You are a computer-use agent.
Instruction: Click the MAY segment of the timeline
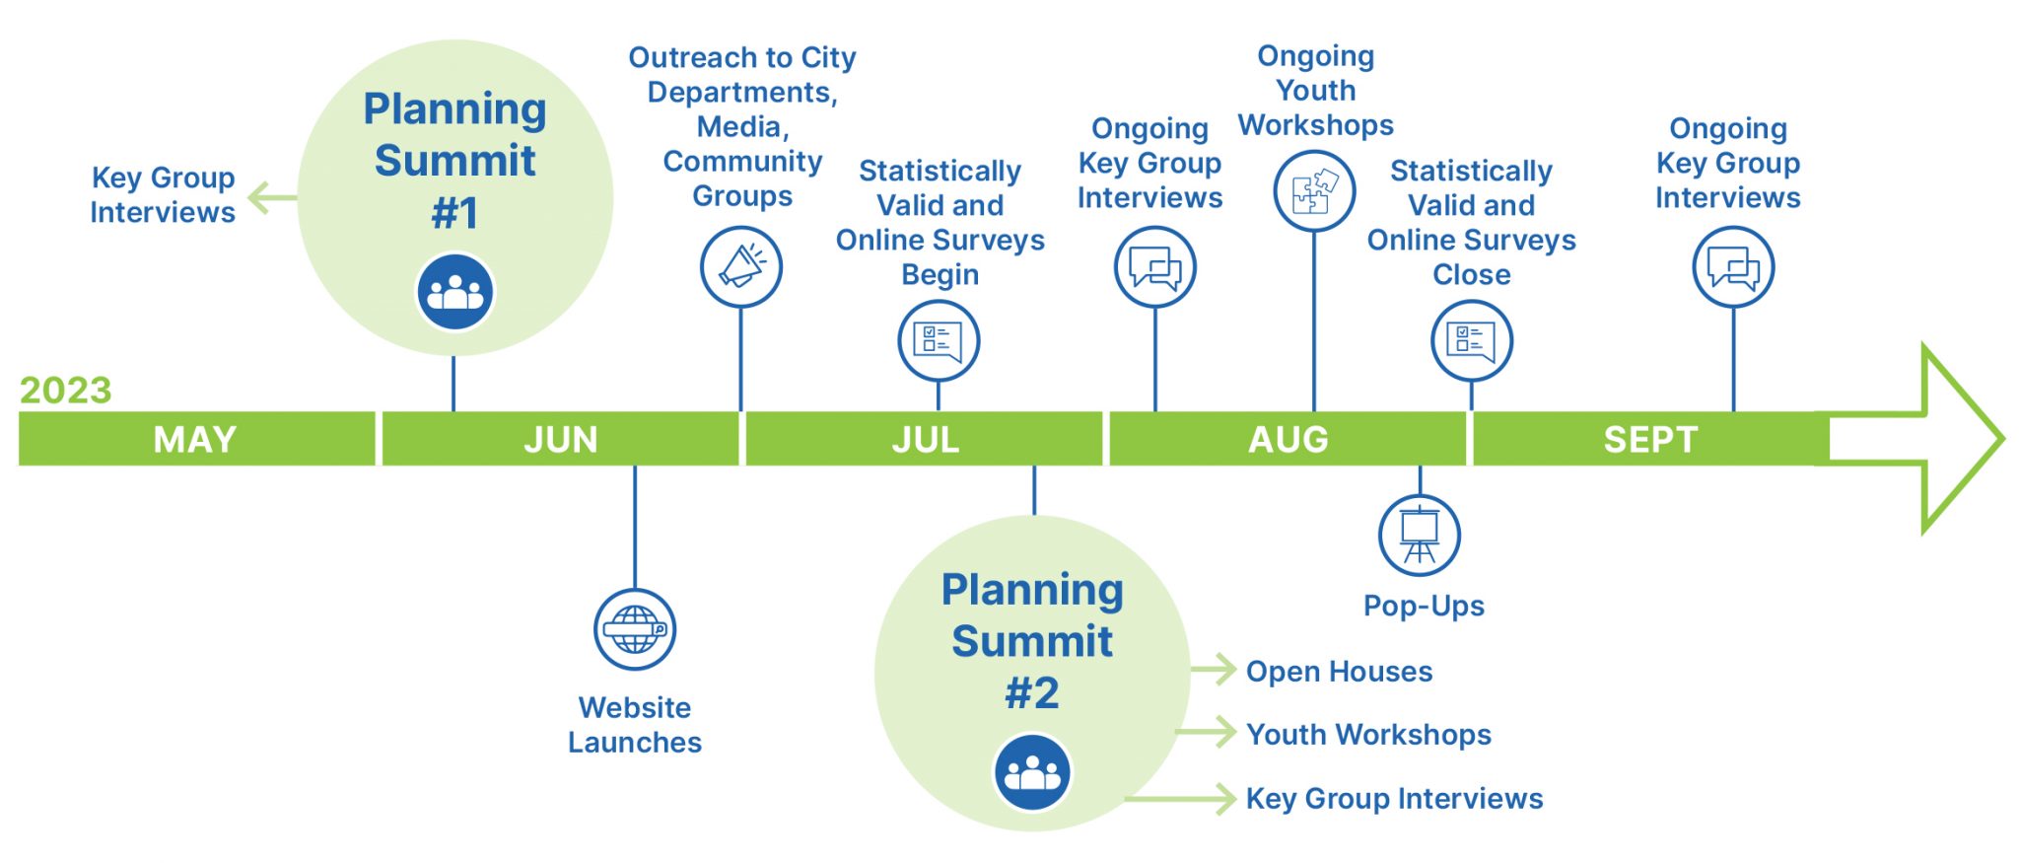pyautogui.click(x=195, y=439)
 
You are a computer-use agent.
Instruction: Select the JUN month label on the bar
pyautogui.click(x=560, y=439)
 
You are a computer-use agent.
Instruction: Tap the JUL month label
pyautogui.click(x=925, y=439)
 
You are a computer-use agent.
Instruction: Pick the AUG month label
pyautogui.click(x=1288, y=439)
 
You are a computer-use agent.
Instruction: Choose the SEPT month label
pyautogui.click(x=1650, y=439)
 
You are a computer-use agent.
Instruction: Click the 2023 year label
pyautogui.click(x=65, y=391)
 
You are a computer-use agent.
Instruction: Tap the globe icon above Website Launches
pyautogui.click(x=635, y=629)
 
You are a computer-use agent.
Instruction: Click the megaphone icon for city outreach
pyautogui.click(x=741, y=266)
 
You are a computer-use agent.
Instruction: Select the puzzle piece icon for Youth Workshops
pyautogui.click(x=1314, y=191)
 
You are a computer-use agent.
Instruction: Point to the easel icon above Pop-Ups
pyautogui.click(x=1420, y=535)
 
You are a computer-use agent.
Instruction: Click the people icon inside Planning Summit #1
pyautogui.click(x=454, y=292)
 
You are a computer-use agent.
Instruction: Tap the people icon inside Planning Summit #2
pyautogui.click(x=1032, y=772)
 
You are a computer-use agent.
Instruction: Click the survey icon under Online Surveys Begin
pyautogui.click(x=939, y=341)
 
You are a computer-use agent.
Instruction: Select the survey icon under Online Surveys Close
pyautogui.click(x=1472, y=341)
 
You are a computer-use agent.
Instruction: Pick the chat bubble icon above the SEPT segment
pyautogui.click(x=1733, y=266)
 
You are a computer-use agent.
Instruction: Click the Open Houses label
pyautogui.click(x=1339, y=672)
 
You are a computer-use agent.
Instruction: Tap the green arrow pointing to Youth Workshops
pyautogui.click(x=1208, y=733)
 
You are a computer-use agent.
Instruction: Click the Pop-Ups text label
pyautogui.click(x=1424, y=606)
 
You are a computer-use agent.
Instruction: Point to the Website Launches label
pyautogui.click(x=635, y=725)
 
